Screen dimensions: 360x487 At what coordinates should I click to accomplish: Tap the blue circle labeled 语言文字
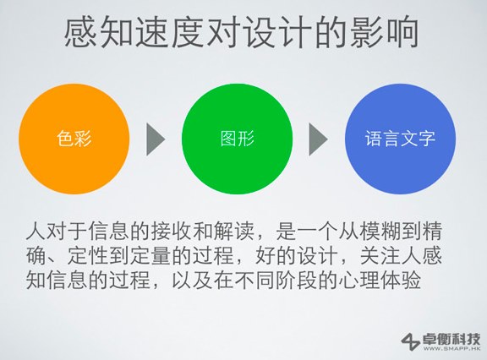click(x=400, y=139)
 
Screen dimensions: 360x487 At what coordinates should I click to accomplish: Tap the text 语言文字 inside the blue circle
click(x=400, y=139)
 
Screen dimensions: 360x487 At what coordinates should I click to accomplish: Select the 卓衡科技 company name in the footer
click(x=451, y=336)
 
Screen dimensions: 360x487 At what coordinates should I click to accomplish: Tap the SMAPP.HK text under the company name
click(x=451, y=349)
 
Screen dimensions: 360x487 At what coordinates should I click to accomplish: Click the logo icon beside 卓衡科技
click(x=410, y=341)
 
